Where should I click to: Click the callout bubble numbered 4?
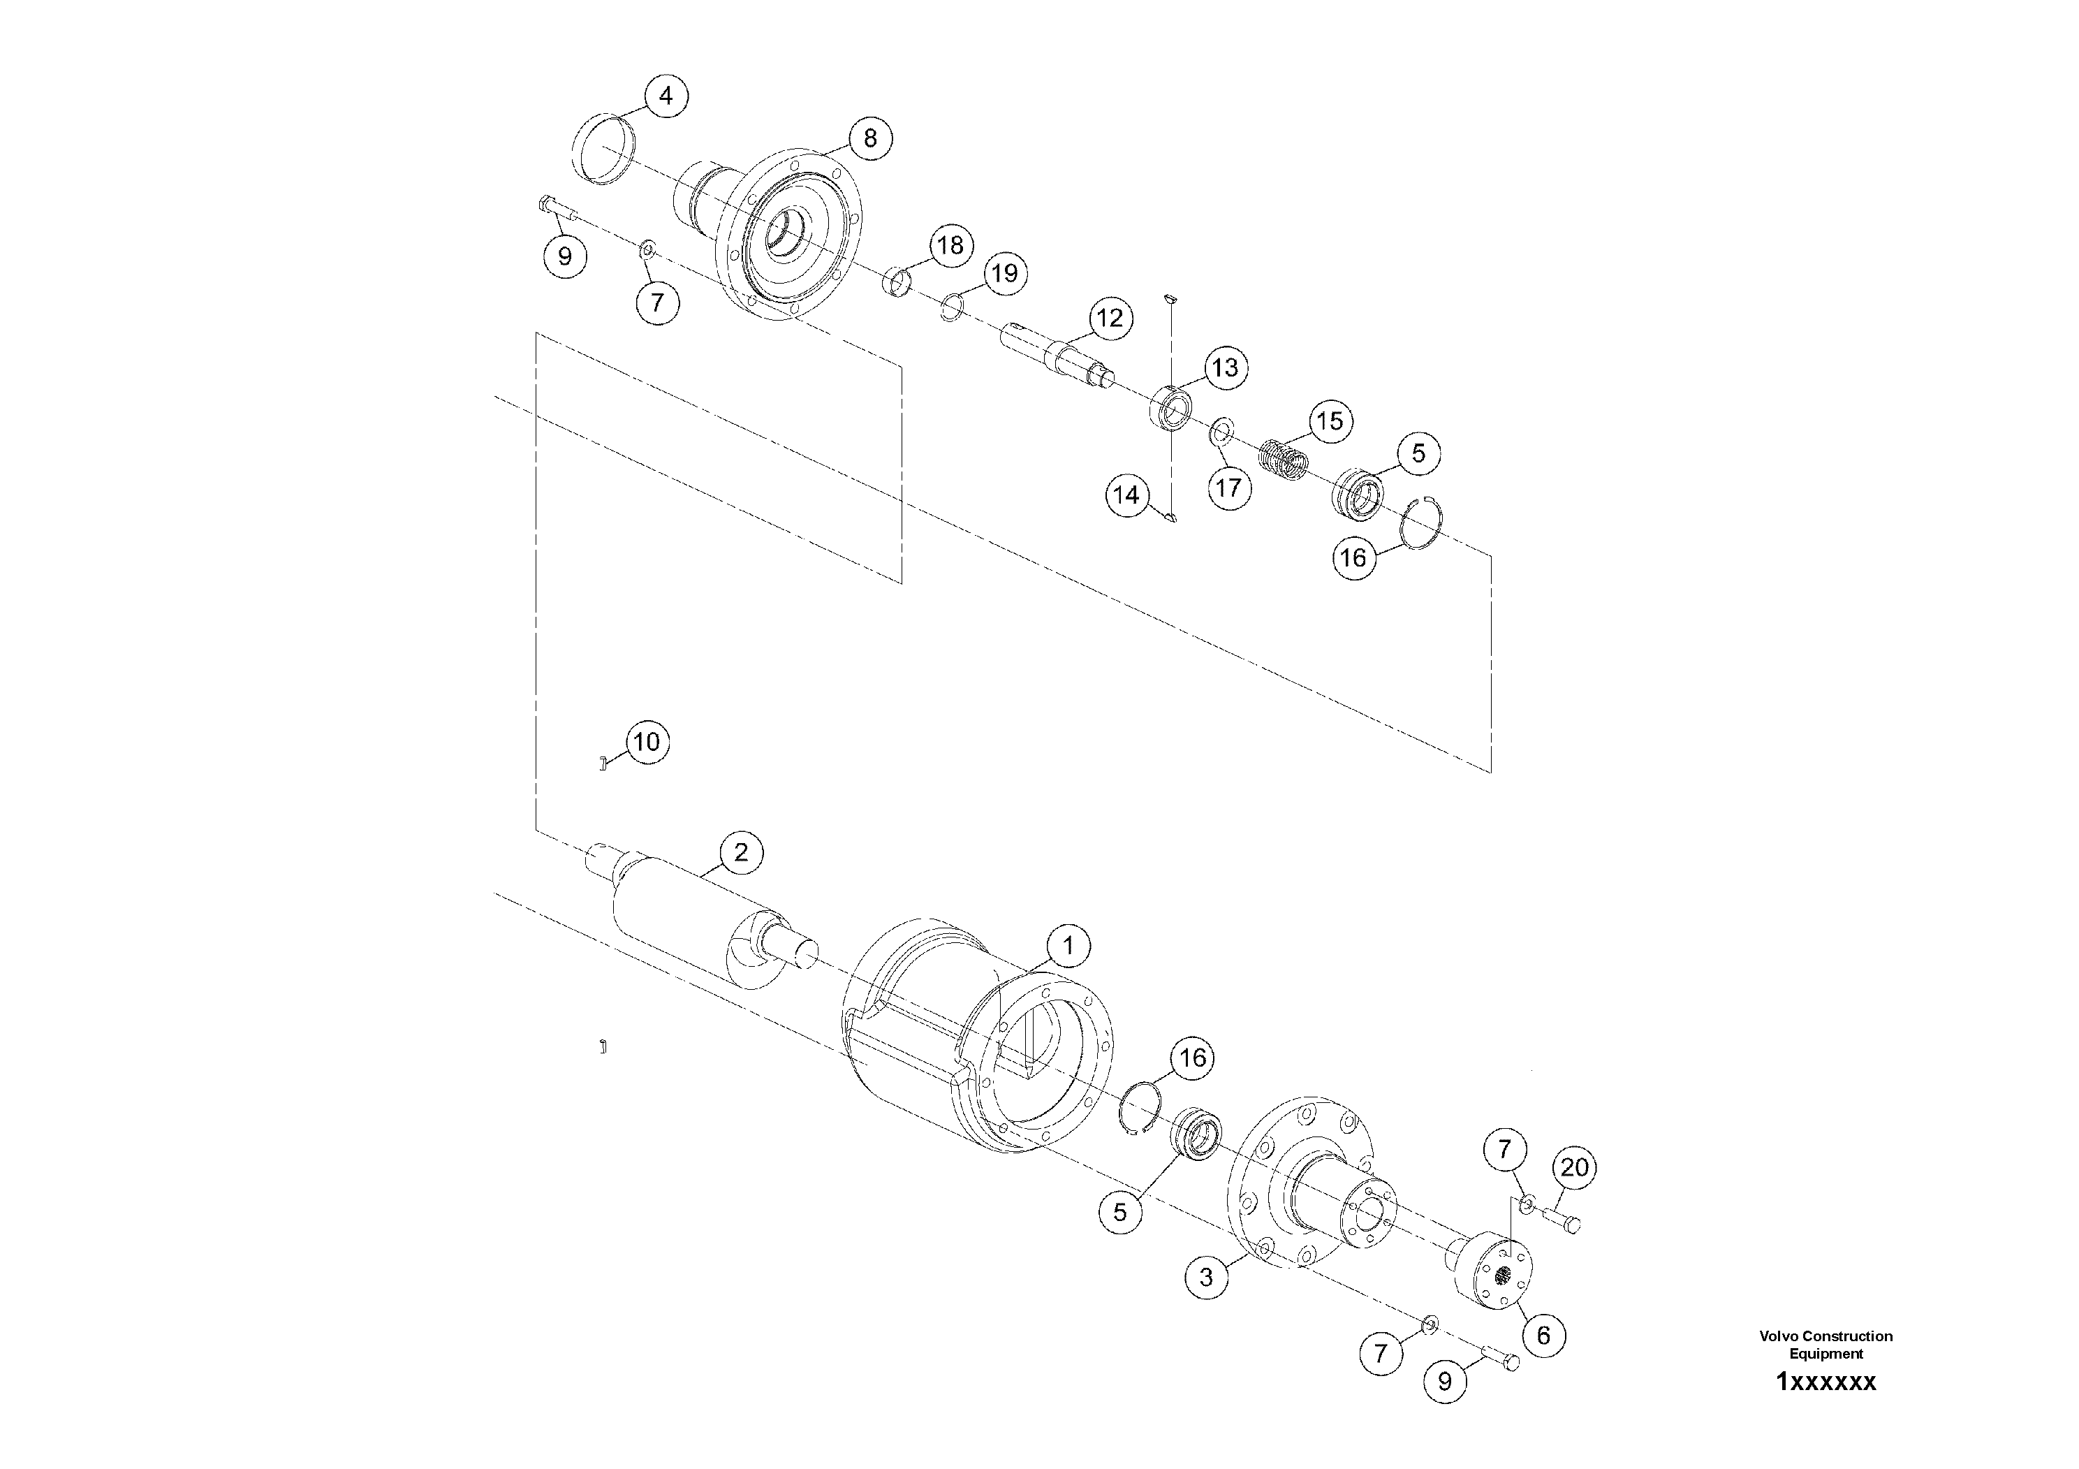[x=666, y=96]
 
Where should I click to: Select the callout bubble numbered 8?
[x=870, y=138]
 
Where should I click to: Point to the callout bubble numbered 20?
[x=1575, y=1167]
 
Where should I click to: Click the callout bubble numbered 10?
[x=647, y=743]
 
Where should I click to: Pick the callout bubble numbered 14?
[x=1126, y=495]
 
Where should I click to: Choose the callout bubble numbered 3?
[x=1206, y=1278]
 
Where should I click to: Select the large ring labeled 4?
[x=604, y=149]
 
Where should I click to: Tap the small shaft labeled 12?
[x=1055, y=354]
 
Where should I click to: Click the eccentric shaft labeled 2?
[x=697, y=915]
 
